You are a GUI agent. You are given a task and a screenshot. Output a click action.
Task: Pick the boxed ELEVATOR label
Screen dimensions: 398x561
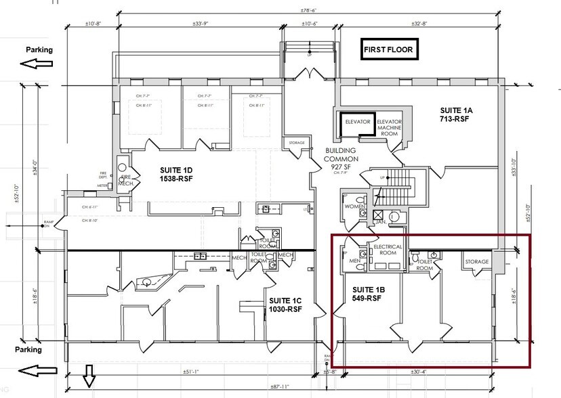pyautogui.click(x=357, y=123)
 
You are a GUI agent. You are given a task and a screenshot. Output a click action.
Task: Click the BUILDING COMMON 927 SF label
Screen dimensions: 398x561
pyautogui.click(x=341, y=158)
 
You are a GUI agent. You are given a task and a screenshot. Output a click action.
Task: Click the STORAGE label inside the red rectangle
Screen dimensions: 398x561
pyautogui.click(x=476, y=261)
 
